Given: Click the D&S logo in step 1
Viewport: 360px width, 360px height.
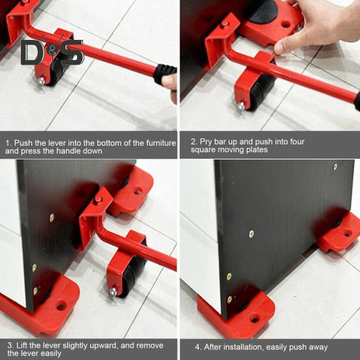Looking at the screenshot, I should (52, 53).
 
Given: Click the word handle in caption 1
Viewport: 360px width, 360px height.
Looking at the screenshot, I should (72, 151).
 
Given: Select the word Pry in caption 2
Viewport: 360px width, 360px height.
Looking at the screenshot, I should (207, 142).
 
